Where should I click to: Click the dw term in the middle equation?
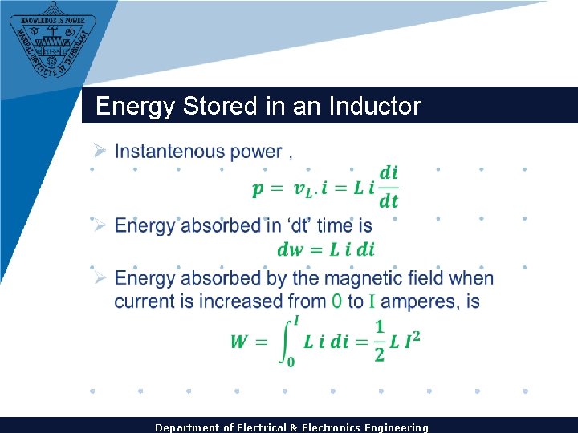click(290, 249)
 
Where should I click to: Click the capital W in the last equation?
click(239, 342)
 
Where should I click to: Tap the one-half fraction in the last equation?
click(380, 340)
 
